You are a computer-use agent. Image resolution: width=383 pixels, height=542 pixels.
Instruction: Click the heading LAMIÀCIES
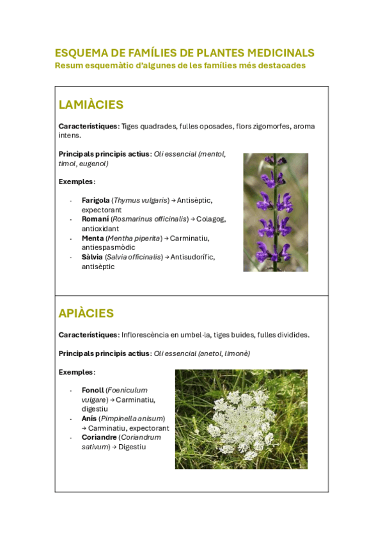click(x=91, y=105)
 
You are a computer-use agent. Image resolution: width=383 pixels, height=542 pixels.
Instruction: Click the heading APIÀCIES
click(x=86, y=313)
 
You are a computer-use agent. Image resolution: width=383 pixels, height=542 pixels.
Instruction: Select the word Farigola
click(x=95, y=200)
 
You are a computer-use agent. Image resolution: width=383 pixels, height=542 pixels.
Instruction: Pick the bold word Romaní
click(x=95, y=219)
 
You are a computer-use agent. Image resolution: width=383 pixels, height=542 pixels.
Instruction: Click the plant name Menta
click(x=93, y=238)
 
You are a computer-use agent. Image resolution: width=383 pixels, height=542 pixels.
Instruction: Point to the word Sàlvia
click(x=92, y=257)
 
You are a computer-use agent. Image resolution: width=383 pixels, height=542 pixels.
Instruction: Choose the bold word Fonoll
click(x=93, y=390)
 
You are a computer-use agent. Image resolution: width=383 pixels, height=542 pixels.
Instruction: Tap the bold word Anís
click(x=89, y=418)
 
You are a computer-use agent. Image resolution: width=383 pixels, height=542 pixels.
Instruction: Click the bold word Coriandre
click(x=99, y=437)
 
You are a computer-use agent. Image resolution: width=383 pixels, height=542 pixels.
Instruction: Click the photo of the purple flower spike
click(x=275, y=212)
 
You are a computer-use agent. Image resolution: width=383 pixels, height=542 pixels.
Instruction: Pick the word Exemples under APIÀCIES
click(x=76, y=372)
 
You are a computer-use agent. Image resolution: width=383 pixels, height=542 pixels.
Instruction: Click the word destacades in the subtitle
click(x=281, y=65)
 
